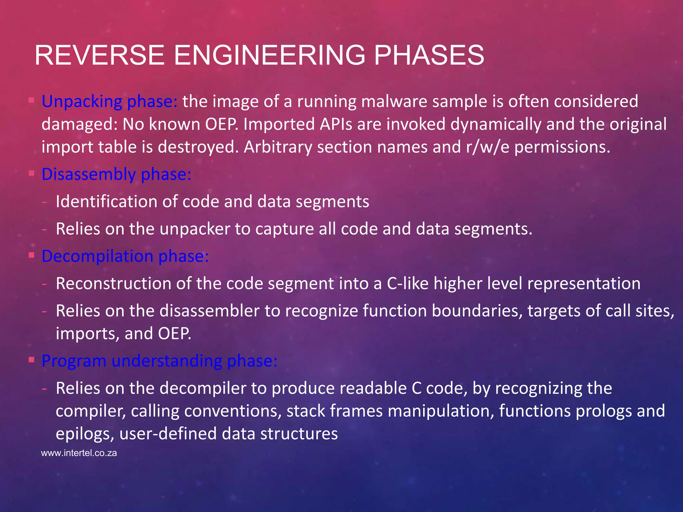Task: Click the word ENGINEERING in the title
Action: click(x=269, y=55)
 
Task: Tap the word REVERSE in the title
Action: click(x=99, y=55)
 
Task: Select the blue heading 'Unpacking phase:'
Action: click(x=110, y=101)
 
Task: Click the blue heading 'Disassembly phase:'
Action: click(x=116, y=174)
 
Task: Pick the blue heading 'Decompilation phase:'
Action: click(x=125, y=256)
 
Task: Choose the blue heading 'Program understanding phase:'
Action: click(x=159, y=361)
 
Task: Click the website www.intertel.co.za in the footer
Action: click(x=79, y=453)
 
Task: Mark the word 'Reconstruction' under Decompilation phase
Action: click(x=113, y=284)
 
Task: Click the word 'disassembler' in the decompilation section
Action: click(x=209, y=311)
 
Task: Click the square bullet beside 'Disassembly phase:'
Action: click(x=32, y=173)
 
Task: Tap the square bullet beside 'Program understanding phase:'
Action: click(x=32, y=360)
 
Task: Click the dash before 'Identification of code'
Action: click(x=44, y=202)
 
